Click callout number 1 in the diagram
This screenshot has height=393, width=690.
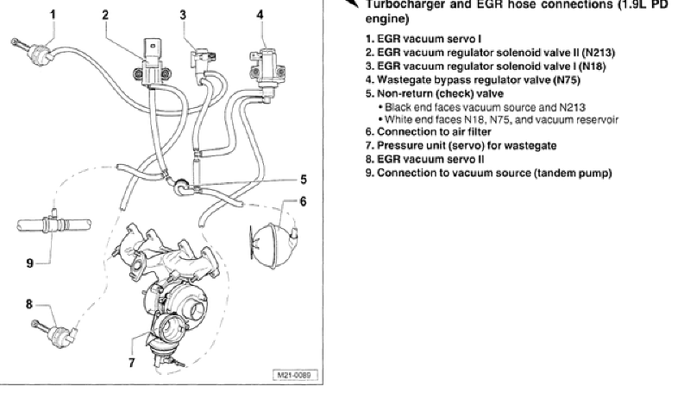click(x=53, y=15)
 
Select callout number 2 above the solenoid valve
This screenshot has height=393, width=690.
click(x=105, y=15)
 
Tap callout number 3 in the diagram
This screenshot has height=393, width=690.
click(x=183, y=15)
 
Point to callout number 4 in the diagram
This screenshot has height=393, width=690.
click(x=260, y=15)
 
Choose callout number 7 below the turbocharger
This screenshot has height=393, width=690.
click(x=131, y=362)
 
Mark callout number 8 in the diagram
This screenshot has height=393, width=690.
click(x=28, y=303)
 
